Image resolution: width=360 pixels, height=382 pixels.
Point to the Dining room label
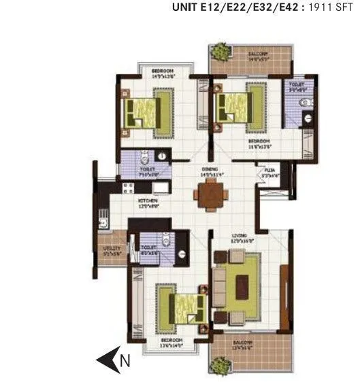point(210,169)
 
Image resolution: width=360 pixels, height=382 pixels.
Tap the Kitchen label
point(148,201)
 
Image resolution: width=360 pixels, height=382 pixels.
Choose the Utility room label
point(112,249)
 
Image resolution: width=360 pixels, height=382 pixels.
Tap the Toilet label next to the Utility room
point(150,247)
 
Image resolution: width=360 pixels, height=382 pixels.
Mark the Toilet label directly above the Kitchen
point(148,170)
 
